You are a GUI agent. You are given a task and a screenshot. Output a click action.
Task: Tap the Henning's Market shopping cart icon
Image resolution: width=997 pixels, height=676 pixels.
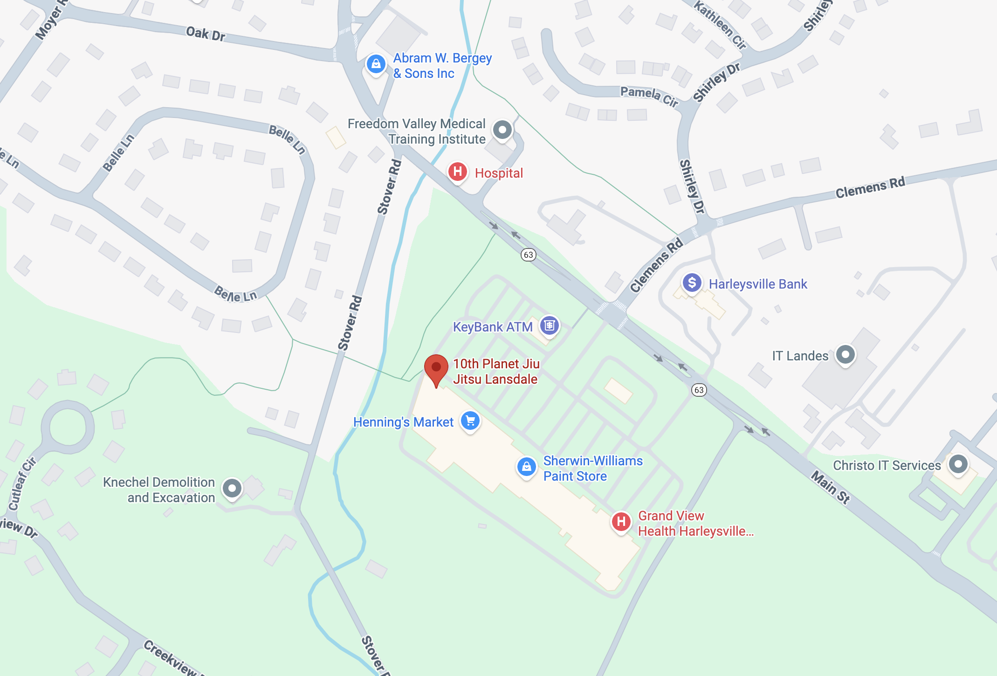point(470,421)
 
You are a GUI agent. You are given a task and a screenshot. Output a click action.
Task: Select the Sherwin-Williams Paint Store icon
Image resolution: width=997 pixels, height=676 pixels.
point(526,466)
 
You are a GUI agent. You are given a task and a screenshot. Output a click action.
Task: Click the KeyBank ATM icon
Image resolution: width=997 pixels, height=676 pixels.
point(549,325)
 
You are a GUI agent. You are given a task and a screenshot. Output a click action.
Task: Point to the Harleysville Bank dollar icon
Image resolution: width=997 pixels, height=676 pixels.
point(692,283)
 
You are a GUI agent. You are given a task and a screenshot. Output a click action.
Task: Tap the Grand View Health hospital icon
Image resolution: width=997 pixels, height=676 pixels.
point(621,522)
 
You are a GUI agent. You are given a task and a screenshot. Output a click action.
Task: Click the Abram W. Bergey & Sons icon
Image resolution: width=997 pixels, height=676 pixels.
point(376,64)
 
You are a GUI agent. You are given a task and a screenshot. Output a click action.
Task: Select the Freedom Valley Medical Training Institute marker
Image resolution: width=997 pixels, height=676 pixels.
point(502,130)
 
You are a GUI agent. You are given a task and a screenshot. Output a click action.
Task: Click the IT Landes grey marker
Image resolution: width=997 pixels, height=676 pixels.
point(845,355)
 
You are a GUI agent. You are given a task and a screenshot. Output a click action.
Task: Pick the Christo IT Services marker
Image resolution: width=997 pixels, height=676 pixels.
point(958,464)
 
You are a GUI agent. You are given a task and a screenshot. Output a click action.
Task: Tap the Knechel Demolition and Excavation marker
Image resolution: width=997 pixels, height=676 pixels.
point(232,488)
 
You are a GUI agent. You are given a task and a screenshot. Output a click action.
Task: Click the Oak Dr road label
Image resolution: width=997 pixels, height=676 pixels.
point(206,34)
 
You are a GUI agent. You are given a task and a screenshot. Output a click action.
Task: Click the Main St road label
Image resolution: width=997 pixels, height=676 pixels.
point(831,487)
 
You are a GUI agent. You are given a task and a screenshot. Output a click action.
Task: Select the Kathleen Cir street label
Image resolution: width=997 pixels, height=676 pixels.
point(720,24)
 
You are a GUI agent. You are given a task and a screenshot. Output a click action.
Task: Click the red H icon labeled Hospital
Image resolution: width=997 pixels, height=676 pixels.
point(457,172)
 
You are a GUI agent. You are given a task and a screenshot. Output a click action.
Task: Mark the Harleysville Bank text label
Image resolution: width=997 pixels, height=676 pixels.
point(758,284)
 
